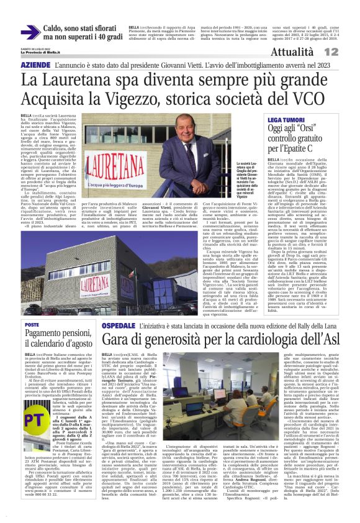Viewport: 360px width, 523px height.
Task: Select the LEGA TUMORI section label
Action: tap(286, 118)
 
